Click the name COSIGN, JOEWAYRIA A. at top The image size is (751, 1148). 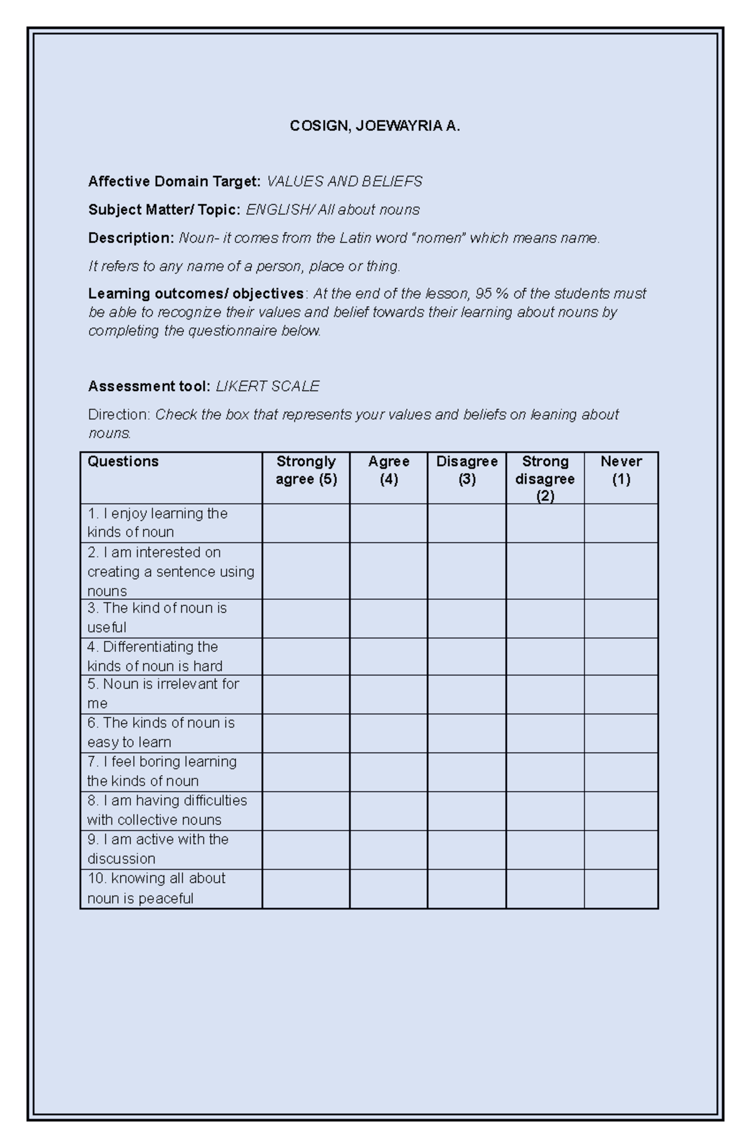click(x=374, y=126)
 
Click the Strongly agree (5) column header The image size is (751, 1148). click(x=306, y=470)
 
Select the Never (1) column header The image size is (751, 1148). click(x=621, y=470)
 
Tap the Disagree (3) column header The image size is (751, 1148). click(x=467, y=470)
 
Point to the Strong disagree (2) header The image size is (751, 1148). click(x=545, y=479)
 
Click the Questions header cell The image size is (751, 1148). click(x=123, y=462)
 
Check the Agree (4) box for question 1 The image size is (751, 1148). click(x=389, y=523)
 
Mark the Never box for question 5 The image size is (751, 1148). click(x=621, y=694)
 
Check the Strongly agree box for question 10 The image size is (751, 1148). click(x=306, y=888)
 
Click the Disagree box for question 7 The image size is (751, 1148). click(x=467, y=771)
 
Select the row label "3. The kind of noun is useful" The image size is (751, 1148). click(x=156, y=617)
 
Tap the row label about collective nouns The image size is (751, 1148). click(x=166, y=810)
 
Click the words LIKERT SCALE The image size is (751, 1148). click(x=267, y=387)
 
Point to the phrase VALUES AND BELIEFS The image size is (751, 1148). click(x=344, y=181)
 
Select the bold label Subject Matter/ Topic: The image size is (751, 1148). click(x=164, y=210)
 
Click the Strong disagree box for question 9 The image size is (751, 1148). click(x=545, y=849)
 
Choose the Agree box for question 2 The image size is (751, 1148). click(x=389, y=571)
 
